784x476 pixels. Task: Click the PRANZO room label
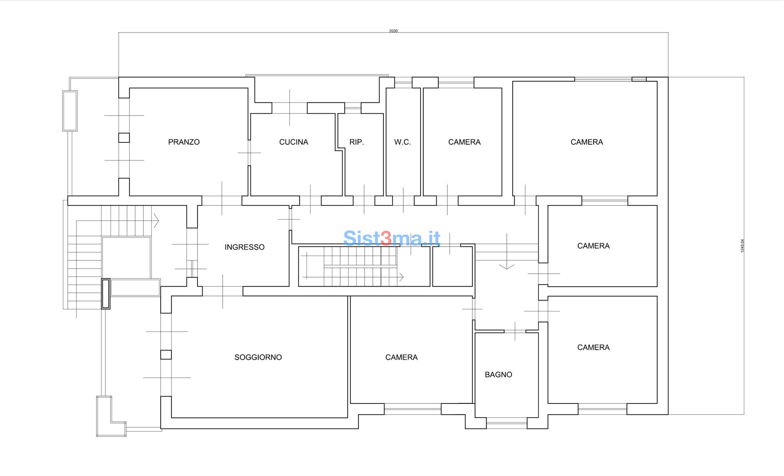(184, 142)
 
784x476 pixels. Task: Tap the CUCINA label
(294, 142)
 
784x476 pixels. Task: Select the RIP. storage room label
(357, 142)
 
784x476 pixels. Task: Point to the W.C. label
(403, 142)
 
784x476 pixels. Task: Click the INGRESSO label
(245, 247)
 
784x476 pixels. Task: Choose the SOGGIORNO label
(258, 357)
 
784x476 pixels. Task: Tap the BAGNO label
(499, 374)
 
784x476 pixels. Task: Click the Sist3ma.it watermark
(392, 238)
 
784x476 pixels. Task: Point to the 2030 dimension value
(393, 31)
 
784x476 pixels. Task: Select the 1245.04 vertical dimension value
(742, 246)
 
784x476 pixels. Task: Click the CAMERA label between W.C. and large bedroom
(465, 142)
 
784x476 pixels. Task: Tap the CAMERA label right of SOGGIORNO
(401, 357)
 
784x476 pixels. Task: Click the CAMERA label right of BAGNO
(593, 347)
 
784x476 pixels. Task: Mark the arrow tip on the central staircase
(403, 277)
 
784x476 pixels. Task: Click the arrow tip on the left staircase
(159, 221)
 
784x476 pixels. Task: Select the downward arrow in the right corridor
(507, 251)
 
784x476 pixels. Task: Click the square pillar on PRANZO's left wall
(124, 138)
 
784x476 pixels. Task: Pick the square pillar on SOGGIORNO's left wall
(166, 354)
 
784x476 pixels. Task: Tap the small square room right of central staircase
(452, 266)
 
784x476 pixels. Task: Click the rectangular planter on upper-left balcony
(70, 111)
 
